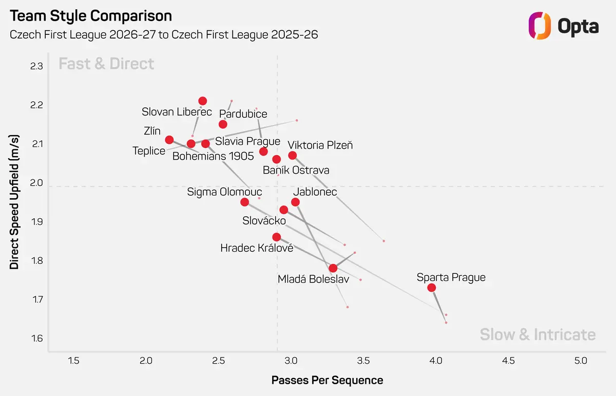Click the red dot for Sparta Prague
coord(432,288)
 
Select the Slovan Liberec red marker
coord(203,101)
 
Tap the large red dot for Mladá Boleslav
coord(333,268)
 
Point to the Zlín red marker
coord(169,140)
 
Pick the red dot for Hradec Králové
coord(276,237)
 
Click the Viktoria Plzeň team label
coord(320,145)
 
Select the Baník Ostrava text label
coord(296,170)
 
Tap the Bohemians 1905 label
coord(213,156)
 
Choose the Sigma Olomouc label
coord(224,192)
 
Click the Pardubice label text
coord(243,114)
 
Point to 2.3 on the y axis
coord(36,66)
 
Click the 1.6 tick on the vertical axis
coord(36,338)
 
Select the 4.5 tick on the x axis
coord(508,361)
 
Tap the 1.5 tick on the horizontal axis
coord(73,361)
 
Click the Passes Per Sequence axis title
coord(328,380)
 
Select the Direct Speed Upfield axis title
coord(14,202)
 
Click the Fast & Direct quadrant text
coord(106,64)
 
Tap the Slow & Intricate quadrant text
coord(538,334)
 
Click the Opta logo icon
coord(540,26)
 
